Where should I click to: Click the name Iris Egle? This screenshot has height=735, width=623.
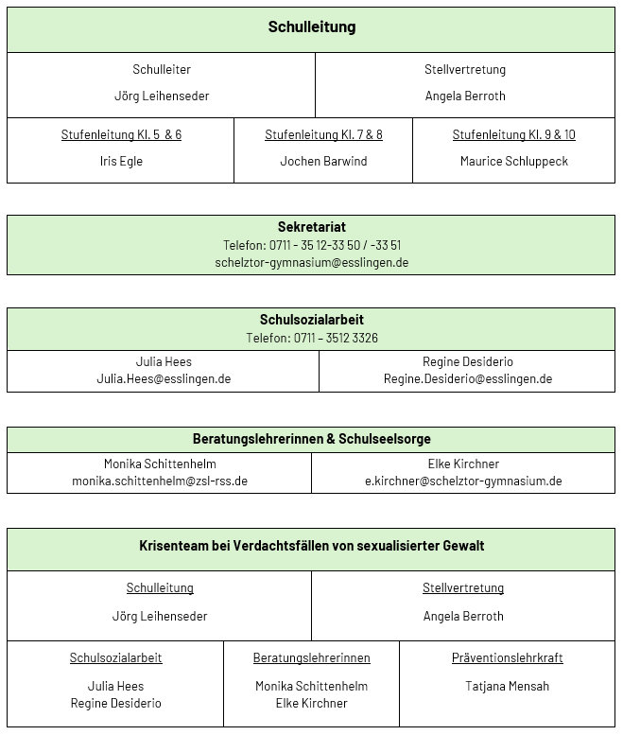click(x=121, y=161)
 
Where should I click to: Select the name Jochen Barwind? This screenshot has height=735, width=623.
click(x=323, y=161)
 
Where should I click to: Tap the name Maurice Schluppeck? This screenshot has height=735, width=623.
click(x=513, y=161)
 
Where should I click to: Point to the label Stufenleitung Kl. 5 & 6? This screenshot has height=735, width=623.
click(x=121, y=134)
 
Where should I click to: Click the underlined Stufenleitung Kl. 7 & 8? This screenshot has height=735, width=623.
click(x=323, y=134)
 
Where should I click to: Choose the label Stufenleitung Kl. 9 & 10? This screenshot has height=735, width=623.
click(x=513, y=134)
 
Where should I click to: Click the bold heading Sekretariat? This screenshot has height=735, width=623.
click(x=311, y=227)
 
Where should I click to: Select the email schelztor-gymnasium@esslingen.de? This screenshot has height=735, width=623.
click(x=311, y=262)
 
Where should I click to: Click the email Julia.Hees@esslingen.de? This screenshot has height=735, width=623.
click(x=164, y=378)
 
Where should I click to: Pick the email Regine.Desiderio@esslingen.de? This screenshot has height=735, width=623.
click(x=467, y=378)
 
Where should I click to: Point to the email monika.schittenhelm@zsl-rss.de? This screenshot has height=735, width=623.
click(x=160, y=481)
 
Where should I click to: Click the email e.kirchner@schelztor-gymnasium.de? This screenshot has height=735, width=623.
click(x=463, y=481)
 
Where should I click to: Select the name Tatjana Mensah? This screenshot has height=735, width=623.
click(x=507, y=686)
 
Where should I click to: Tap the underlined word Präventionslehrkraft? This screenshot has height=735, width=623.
click(x=507, y=657)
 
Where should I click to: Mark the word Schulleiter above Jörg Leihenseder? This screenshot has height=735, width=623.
click(x=162, y=69)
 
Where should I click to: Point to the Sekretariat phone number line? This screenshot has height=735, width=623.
click(x=311, y=245)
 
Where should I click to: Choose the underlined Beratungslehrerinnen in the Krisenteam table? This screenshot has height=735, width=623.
click(x=311, y=657)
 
